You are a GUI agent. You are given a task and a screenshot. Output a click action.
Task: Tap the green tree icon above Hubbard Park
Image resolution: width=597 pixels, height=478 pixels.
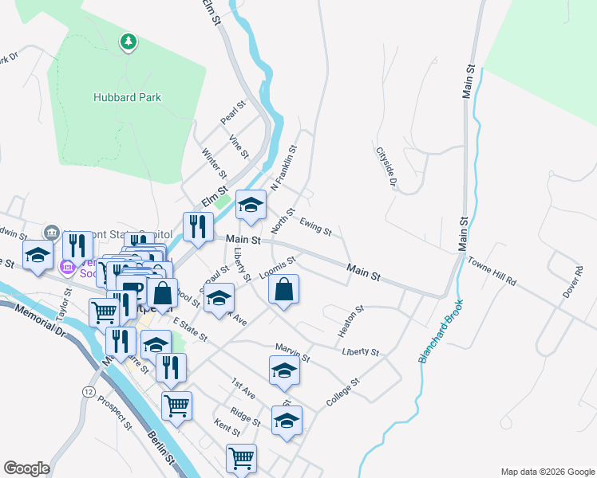(128, 41)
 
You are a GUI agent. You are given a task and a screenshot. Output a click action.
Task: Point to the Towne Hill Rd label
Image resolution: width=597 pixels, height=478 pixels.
(492, 271)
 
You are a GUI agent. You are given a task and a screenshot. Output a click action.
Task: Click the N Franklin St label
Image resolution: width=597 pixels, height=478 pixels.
(283, 168)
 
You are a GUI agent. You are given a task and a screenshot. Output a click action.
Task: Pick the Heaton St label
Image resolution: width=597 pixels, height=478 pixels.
(349, 319)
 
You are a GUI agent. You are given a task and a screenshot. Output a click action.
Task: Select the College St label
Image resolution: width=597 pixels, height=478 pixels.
(344, 393)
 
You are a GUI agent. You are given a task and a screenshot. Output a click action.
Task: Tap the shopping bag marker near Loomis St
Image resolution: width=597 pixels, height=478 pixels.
(284, 290)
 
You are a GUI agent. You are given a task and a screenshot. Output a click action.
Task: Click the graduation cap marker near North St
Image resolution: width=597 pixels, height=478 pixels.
(251, 206)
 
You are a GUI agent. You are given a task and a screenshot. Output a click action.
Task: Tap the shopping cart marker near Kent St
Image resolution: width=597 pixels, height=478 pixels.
(241, 459)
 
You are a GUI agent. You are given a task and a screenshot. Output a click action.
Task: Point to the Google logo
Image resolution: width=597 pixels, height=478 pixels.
(26, 468)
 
